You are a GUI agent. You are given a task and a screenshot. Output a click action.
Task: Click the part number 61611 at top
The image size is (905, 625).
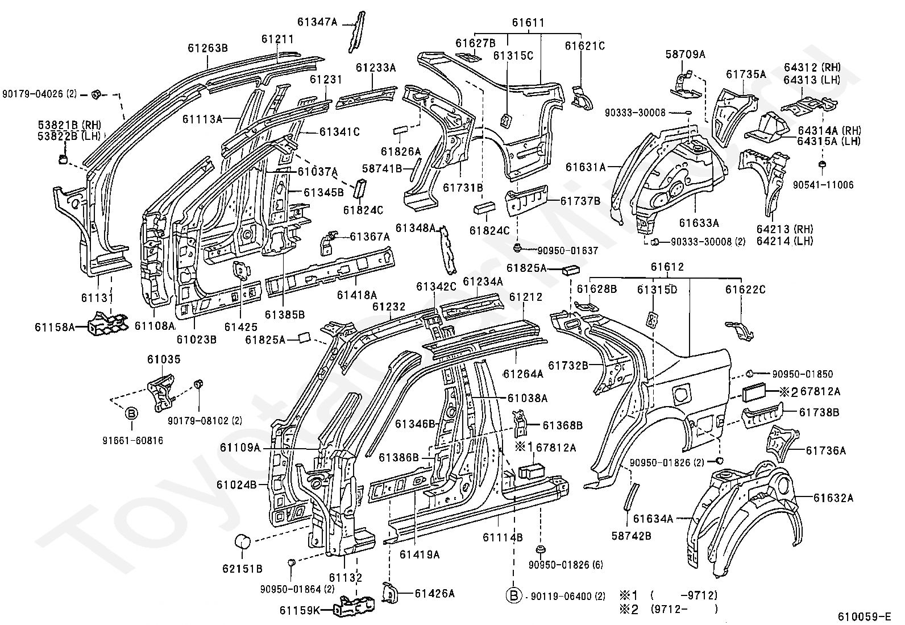528,23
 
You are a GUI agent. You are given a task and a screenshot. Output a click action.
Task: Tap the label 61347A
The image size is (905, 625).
317,22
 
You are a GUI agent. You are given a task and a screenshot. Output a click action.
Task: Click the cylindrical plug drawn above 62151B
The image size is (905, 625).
243,542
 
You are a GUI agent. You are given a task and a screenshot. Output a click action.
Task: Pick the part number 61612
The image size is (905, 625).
667,267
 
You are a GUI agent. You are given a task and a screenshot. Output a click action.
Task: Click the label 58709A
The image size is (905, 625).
685,55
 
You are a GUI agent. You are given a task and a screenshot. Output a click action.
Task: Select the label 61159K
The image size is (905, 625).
300,611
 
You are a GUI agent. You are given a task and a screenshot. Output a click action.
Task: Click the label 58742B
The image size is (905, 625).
631,536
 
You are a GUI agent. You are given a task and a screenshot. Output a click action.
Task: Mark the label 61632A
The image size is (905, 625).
833,498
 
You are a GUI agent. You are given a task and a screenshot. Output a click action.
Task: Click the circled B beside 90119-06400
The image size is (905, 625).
514,596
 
